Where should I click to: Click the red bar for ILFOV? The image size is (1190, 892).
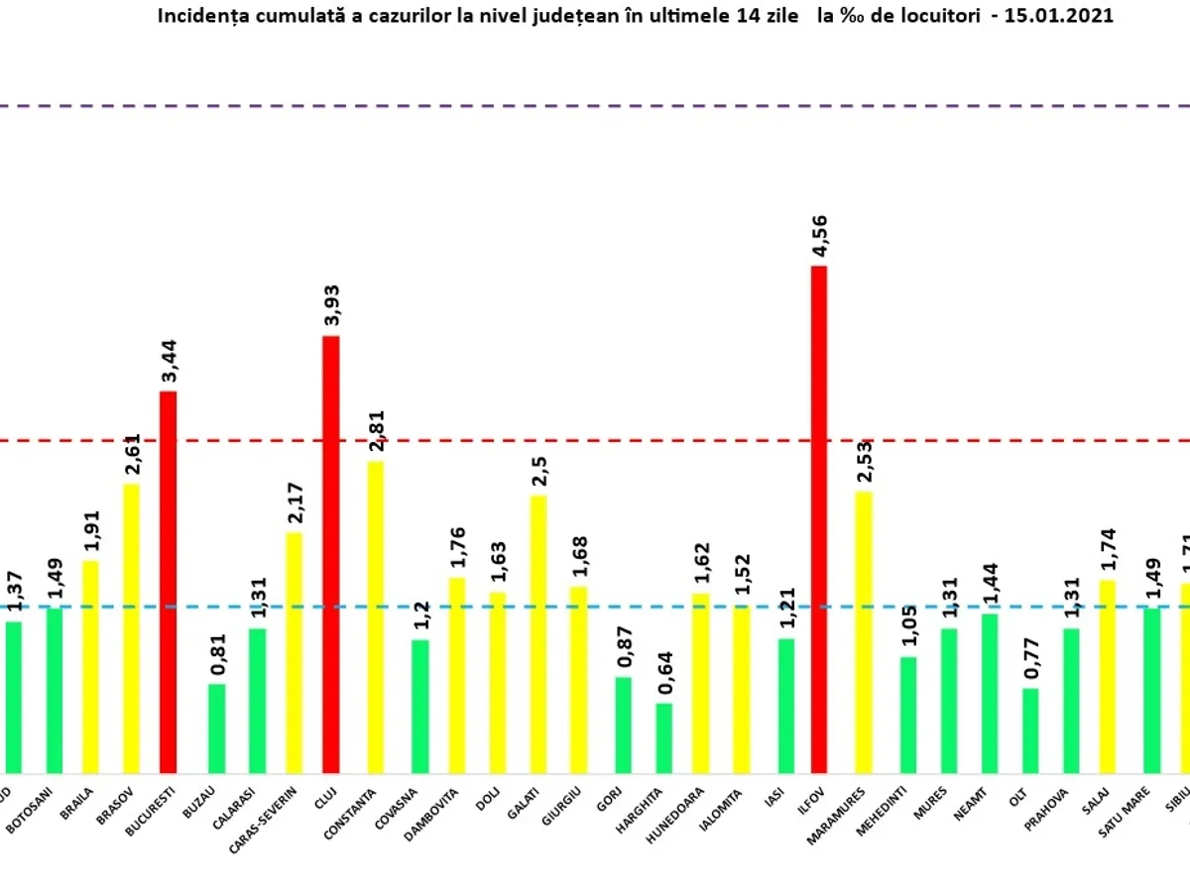(819, 519)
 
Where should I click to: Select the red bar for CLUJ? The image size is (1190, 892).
(330, 554)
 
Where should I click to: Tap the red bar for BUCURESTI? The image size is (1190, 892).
(168, 582)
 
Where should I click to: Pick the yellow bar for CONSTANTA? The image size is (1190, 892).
(376, 616)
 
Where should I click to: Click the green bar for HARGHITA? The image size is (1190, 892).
(663, 738)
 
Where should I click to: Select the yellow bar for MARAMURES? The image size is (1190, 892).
(864, 631)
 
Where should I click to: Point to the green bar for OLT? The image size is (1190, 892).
(1030, 730)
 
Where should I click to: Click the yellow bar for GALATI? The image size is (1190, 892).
(538, 633)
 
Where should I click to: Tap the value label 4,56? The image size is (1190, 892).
(819, 236)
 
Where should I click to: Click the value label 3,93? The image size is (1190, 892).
(330, 305)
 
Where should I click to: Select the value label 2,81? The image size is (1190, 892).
(376, 431)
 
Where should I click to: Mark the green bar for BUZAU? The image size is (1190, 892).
(216, 728)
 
